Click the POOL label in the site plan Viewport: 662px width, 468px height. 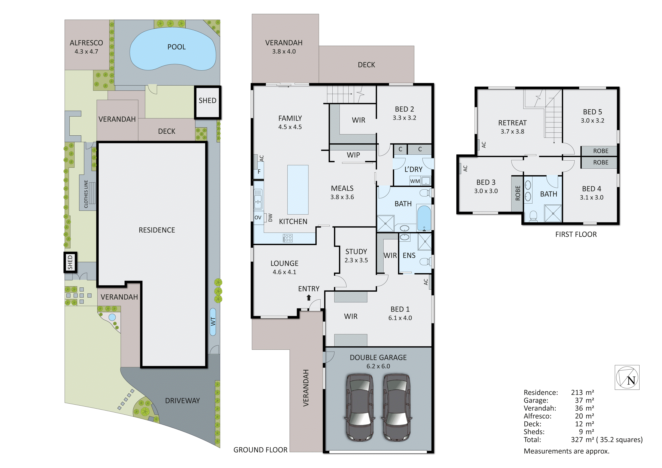click(x=176, y=47)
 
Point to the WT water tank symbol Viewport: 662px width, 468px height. click(x=213, y=322)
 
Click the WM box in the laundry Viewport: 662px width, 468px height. click(x=415, y=181)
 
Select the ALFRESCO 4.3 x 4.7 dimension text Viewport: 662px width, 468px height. click(x=86, y=52)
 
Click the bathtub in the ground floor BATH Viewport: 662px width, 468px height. click(x=424, y=218)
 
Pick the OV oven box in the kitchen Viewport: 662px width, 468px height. click(x=258, y=217)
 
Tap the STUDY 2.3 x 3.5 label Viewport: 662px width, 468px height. click(x=356, y=255)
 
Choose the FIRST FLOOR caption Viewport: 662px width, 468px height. click(x=576, y=234)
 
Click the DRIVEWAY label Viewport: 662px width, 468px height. click(x=182, y=400)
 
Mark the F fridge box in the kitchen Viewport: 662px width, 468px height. click(x=259, y=172)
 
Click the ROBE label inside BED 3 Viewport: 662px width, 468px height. click(x=517, y=193)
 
